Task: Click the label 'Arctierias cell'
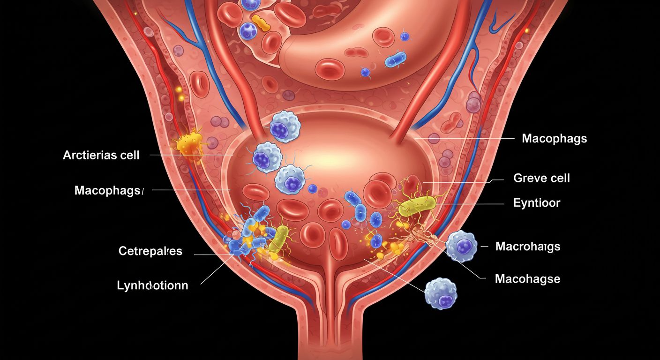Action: (x=101, y=155)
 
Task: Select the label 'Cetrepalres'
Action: (x=150, y=251)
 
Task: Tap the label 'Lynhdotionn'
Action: (x=152, y=285)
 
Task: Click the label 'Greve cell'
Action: (x=541, y=178)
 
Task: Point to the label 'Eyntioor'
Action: (x=537, y=203)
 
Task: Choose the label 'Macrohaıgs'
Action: (x=527, y=246)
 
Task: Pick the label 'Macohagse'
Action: (x=527, y=279)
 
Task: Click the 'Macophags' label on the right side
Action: (x=554, y=139)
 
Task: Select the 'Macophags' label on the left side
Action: (x=108, y=190)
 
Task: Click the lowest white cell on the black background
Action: (x=440, y=293)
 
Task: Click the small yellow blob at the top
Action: (x=261, y=22)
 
